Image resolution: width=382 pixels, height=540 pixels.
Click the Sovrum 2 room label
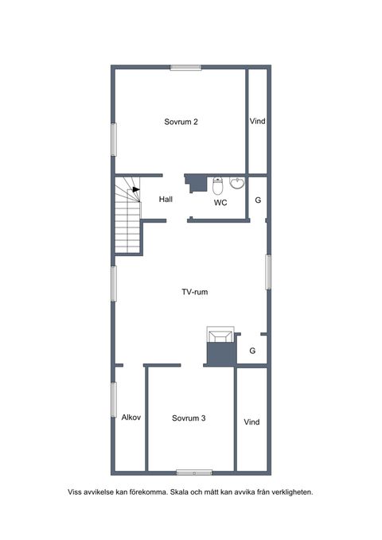pyautogui.click(x=181, y=122)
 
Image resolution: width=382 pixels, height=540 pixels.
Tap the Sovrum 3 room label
pyautogui.click(x=189, y=418)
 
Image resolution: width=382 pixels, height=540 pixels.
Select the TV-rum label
pyautogui.click(x=195, y=292)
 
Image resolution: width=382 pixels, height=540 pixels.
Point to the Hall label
pyautogui.click(x=166, y=199)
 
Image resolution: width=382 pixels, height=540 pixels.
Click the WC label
pyautogui.click(x=220, y=203)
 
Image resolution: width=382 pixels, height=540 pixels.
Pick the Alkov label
pyautogui.click(x=131, y=418)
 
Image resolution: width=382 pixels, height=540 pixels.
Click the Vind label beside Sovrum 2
pyautogui.click(x=258, y=121)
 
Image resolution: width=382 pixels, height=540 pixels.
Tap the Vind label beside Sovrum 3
pyautogui.click(x=251, y=422)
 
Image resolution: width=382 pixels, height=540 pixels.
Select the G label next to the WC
pyautogui.click(x=258, y=200)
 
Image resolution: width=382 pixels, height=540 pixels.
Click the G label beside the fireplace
pyautogui.click(x=252, y=351)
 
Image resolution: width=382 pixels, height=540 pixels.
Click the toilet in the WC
pyautogui.click(x=218, y=185)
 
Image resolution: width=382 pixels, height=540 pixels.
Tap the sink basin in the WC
pyautogui.click(x=237, y=183)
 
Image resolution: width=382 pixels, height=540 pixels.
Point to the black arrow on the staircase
pyautogui.click(x=136, y=189)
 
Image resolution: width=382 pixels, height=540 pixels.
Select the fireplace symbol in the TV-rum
pyautogui.click(x=220, y=334)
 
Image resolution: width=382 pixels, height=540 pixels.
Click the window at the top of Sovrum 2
pyautogui.click(x=186, y=68)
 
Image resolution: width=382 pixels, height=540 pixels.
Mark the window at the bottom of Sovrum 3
pyautogui.click(x=194, y=473)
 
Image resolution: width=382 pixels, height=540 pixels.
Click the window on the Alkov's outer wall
pyautogui.click(x=114, y=400)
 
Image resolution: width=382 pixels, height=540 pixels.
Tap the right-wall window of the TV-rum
pyautogui.click(x=268, y=272)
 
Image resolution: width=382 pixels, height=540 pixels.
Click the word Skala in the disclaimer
pyautogui.click(x=178, y=492)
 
